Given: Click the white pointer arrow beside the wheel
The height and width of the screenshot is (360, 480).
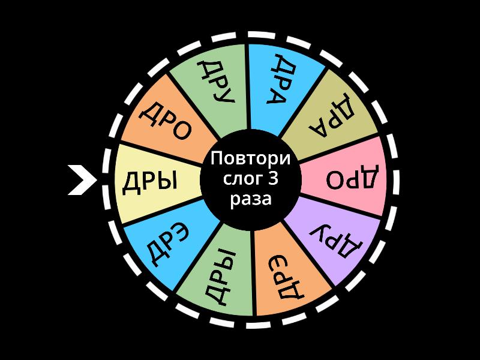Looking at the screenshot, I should (81, 181).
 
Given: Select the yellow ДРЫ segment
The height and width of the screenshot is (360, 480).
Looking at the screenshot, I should (153, 181).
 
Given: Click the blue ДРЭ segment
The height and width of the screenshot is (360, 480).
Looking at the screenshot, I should (162, 243).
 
